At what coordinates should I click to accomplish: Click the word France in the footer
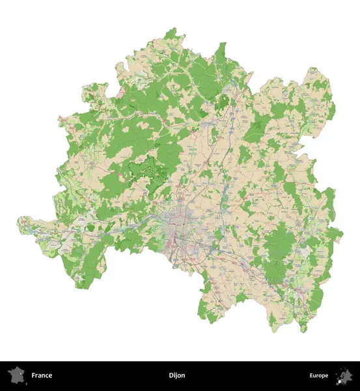(42, 375)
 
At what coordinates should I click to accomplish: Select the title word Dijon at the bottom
(176, 375)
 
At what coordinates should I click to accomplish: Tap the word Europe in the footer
(319, 375)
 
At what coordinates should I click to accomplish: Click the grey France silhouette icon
(16, 375)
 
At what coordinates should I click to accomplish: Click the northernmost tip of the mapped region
(173, 29)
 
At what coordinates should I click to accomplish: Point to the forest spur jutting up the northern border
(222, 49)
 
